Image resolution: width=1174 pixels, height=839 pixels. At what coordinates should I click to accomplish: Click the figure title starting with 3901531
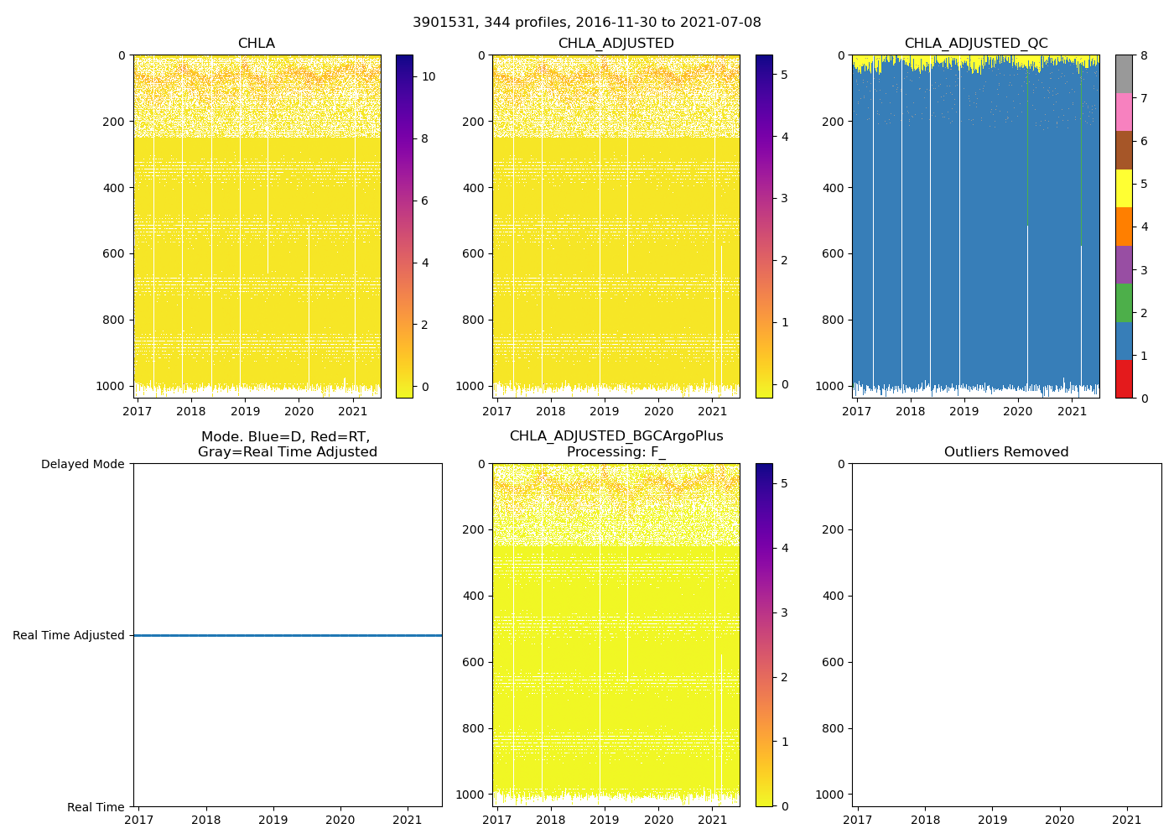point(586,23)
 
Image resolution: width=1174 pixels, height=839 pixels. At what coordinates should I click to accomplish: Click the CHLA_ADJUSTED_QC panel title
point(975,44)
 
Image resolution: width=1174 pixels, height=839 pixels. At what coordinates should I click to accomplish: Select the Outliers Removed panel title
point(1005,452)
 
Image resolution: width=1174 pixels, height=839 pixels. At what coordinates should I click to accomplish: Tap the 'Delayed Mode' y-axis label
point(82,464)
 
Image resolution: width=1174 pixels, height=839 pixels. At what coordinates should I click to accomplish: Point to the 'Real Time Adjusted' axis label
point(68,636)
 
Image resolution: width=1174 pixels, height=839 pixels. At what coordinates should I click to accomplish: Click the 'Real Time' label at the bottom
point(96,807)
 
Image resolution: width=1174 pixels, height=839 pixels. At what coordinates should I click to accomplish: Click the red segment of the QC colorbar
point(1124,378)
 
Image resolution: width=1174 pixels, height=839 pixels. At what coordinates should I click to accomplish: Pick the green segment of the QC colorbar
point(1124,302)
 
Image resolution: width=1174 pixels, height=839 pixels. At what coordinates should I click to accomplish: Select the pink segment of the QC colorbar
point(1124,112)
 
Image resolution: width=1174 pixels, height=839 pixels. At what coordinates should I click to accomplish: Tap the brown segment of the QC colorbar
point(1124,150)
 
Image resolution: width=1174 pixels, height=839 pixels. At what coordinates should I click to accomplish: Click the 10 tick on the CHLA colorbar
point(429,76)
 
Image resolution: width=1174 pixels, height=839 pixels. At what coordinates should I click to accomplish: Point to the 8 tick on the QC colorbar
point(1143,55)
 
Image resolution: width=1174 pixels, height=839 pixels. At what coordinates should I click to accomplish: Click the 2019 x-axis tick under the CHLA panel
point(245,411)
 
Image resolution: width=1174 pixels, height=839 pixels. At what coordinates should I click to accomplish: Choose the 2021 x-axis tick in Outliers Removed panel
point(1126,820)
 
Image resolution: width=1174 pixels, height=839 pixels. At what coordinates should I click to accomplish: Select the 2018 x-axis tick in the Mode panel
point(206,820)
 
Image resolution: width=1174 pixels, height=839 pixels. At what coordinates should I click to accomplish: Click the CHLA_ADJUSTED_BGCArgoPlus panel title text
point(616,436)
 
